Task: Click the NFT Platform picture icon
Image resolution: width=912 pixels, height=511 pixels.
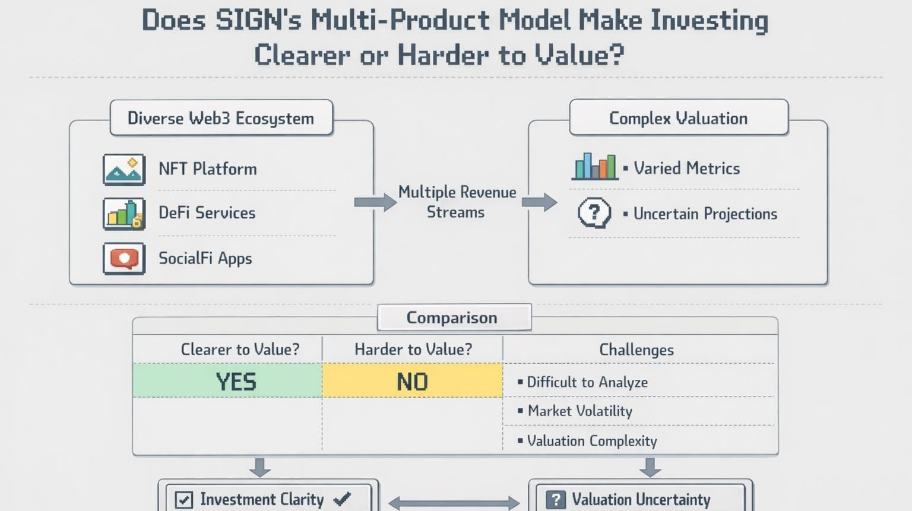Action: point(124,169)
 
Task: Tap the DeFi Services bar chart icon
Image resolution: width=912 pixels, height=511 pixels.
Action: point(124,214)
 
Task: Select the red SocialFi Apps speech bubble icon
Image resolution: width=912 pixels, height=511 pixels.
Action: point(124,259)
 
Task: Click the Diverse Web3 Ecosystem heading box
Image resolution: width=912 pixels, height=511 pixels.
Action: point(221,118)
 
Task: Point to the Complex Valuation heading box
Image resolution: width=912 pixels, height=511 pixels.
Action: point(679,118)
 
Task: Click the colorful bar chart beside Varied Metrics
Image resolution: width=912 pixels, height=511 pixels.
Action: point(595,166)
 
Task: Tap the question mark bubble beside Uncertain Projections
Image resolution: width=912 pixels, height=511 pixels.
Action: point(594,213)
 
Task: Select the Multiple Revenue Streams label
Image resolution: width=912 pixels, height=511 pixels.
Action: point(457,202)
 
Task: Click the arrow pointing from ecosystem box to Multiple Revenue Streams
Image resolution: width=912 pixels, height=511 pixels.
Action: point(375,202)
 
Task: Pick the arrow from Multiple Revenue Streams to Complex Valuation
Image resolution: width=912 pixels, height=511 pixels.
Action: point(540,202)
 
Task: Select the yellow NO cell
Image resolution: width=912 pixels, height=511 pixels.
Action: point(413,380)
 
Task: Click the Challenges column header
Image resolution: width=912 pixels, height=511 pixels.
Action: point(636,350)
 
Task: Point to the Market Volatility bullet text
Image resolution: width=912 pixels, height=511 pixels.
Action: point(579,411)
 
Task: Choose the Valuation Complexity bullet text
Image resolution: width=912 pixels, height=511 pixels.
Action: point(592,441)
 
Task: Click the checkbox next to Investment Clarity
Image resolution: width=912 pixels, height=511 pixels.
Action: point(183,500)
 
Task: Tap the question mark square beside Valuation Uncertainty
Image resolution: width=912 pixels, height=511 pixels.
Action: point(556,500)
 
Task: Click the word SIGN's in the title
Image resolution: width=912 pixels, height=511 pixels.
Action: point(258,20)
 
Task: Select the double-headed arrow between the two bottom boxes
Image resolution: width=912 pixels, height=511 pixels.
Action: point(454,503)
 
